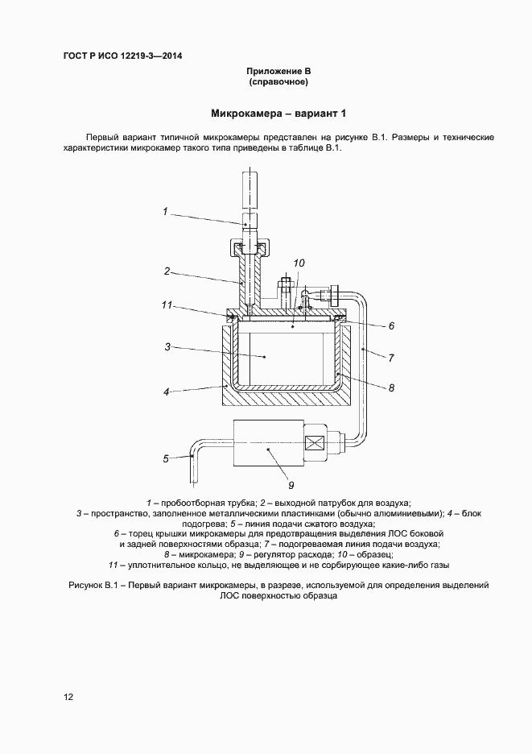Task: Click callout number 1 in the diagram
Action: pos(164,212)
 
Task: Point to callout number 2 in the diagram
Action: pos(167,271)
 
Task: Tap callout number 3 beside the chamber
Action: pos(167,347)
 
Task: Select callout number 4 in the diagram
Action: pos(167,392)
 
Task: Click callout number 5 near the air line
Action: pos(166,458)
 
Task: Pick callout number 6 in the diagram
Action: pos(391,326)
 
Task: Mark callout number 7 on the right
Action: pos(391,357)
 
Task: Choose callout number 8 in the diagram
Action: pos(391,387)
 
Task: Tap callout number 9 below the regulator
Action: pos(291,485)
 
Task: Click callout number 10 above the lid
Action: pos(299,263)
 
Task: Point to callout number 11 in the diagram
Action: pos(167,305)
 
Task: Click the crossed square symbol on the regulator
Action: pos(313,442)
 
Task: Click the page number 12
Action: pos(68,698)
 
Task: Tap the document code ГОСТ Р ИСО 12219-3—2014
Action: pos(118,56)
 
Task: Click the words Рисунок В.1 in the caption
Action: pos(90,585)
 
